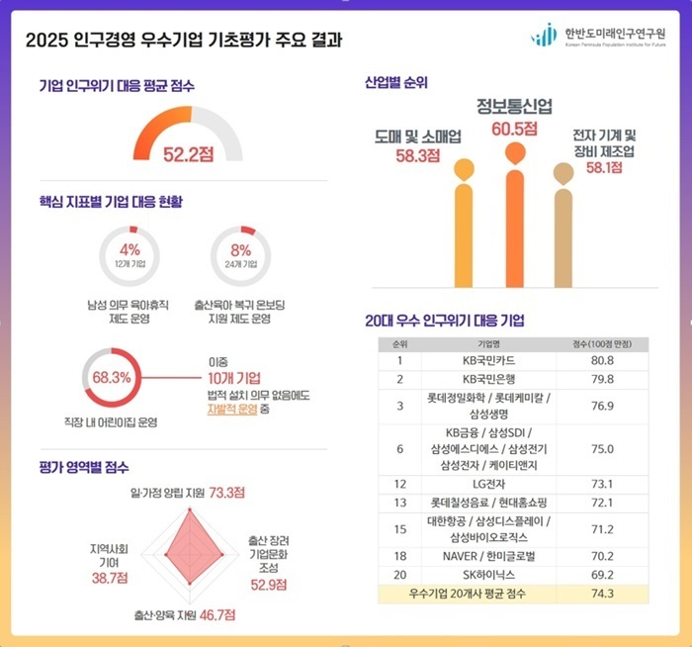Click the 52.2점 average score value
[x=188, y=153]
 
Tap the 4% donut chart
[x=130, y=255]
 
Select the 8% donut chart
[x=241, y=255]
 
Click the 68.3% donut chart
[x=111, y=378]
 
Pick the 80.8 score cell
[x=603, y=360]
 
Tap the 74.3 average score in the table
[x=603, y=594]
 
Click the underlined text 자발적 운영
[x=231, y=408]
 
